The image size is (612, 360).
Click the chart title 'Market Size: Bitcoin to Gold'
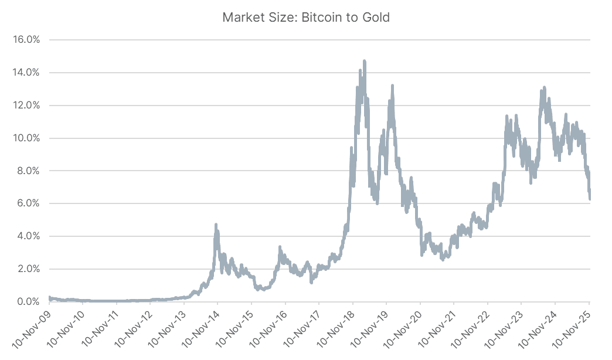(306, 18)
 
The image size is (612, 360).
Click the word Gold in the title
(376, 18)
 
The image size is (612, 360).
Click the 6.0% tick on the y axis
(28, 203)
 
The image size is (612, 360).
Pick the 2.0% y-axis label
(28, 269)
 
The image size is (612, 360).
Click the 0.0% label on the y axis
(28, 301)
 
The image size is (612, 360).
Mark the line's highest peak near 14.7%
(365, 61)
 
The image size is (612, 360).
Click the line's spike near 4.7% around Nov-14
(216, 225)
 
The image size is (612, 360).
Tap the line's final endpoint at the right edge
(590, 198)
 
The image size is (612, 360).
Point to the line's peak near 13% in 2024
(544, 88)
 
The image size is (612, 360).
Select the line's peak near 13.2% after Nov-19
(392, 86)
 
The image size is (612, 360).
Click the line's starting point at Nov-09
(49, 298)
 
